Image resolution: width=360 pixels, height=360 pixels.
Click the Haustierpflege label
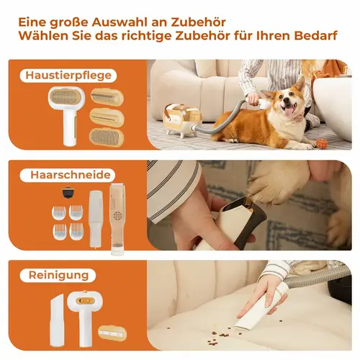point(68,76)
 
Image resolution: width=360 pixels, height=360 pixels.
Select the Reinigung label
point(58,275)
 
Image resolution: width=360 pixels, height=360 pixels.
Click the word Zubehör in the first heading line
point(198,22)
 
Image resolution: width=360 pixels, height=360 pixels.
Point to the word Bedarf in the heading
point(316,36)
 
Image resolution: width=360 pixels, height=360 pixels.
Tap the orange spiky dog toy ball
point(321,143)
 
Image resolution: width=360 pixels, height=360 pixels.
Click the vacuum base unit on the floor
point(179,120)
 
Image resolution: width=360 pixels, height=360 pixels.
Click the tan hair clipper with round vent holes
point(117,219)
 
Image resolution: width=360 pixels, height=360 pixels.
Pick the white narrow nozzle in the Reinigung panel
point(56,320)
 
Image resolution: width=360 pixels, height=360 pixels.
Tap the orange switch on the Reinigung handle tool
point(84,300)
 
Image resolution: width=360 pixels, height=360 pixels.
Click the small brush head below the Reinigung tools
point(112,333)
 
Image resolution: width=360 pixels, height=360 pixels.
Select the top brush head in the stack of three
point(107,97)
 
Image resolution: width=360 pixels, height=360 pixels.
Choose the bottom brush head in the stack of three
point(107,138)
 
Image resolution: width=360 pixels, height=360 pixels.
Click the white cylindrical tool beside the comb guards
point(96,218)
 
